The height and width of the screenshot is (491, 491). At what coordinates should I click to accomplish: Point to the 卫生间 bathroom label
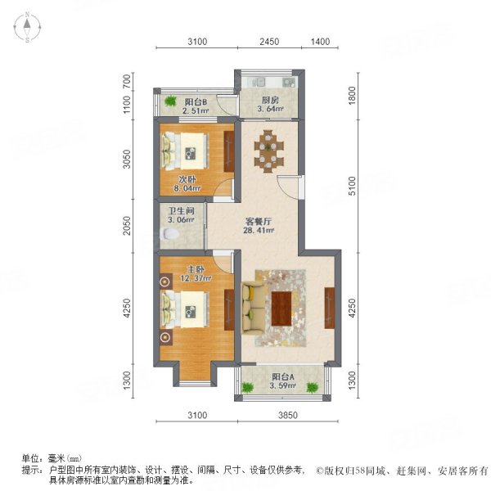(182, 209)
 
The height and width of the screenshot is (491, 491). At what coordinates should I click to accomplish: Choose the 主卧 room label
(194, 268)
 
